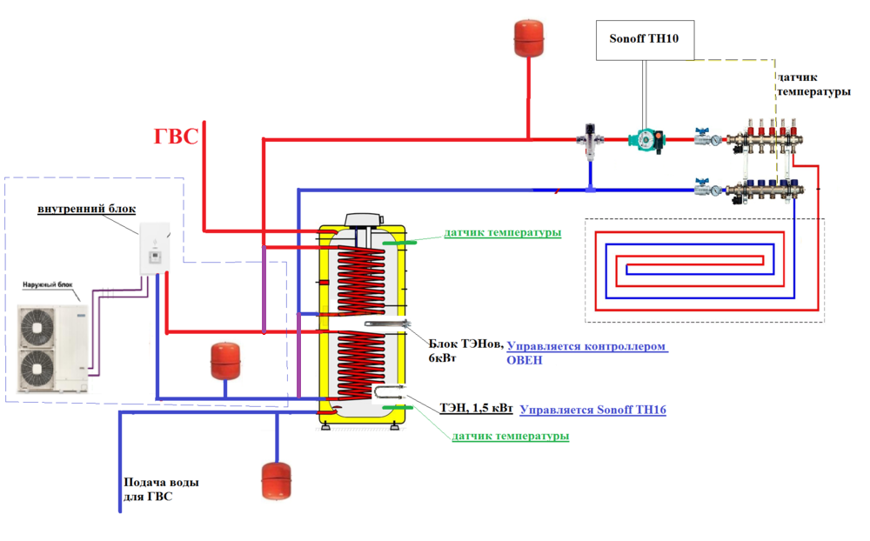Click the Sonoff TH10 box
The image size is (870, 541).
[645, 40]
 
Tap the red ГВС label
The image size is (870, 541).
[176, 136]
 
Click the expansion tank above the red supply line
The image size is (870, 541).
[529, 38]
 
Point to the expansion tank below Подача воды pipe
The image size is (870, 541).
[276, 480]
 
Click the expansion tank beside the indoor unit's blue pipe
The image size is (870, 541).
[225, 361]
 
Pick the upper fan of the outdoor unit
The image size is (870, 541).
[37, 327]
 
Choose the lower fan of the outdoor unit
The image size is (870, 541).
[37, 369]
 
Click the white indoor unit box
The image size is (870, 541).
[154, 249]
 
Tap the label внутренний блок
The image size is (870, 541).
[86, 209]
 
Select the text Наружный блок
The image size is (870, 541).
[48, 284]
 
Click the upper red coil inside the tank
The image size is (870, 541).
[361, 281]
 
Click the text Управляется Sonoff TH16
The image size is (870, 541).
[592, 410]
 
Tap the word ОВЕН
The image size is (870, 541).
[525, 359]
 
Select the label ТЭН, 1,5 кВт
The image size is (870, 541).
[476, 408]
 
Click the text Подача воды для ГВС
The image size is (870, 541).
[161, 490]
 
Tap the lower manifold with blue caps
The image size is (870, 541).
[764, 190]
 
